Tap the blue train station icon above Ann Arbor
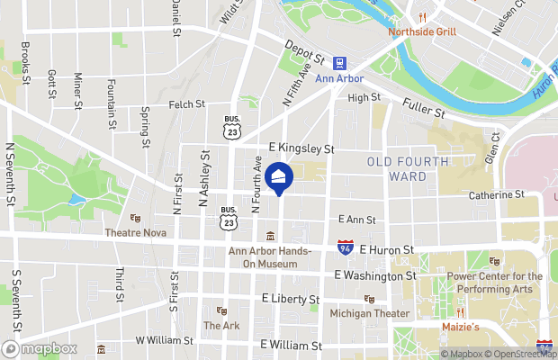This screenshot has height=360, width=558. tap(341, 63)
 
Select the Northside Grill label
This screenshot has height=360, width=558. tap(422, 32)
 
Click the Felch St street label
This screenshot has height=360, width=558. tap(187, 104)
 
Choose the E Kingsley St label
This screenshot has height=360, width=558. tap(301, 148)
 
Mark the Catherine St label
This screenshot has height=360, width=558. tap(496, 194)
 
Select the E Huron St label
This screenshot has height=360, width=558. tap(386, 248)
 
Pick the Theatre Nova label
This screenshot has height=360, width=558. tap(160, 231)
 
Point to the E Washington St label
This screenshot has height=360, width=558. tap(374, 275)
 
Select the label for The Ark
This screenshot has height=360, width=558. tap(221, 325)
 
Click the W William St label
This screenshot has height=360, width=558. tap(164, 341)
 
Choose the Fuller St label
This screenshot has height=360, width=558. tap(424, 108)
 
